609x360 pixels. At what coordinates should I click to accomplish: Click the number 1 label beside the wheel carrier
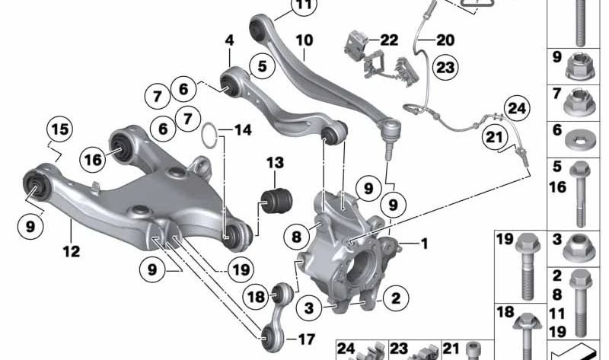pyautogui.click(x=424, y=244)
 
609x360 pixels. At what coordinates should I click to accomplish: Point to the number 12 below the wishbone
pyautogui.click(x=71, y=250)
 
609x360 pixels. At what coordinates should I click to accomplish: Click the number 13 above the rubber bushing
pyautogui.click(x=274, y=163)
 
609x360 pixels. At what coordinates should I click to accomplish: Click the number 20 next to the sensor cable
pyautogui.click(x=445, y=40)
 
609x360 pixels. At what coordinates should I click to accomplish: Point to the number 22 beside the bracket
pyautogui.click(x=388, y=40)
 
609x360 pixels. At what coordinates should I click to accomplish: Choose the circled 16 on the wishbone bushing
pyautogui.click(x=93, y=159)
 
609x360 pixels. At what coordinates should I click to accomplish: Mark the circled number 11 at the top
pyautogui.click(x=283, y=8)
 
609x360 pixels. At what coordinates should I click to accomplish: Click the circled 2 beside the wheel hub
pyautogui.click(x=396, y=299)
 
